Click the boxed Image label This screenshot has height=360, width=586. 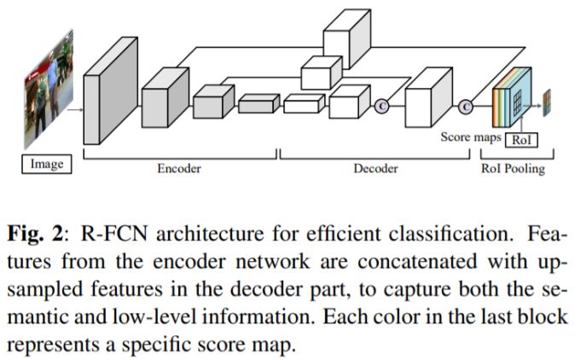tap(47, 164)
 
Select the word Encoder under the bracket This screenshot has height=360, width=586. tap(179, 169)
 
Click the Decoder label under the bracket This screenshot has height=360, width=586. tap(376, 169)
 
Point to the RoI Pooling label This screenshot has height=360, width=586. tap(514, 169)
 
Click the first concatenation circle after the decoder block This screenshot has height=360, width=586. tap(381, 106)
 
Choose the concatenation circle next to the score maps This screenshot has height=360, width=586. tap(465, 107)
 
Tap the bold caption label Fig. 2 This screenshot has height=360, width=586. tap(38, 233)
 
